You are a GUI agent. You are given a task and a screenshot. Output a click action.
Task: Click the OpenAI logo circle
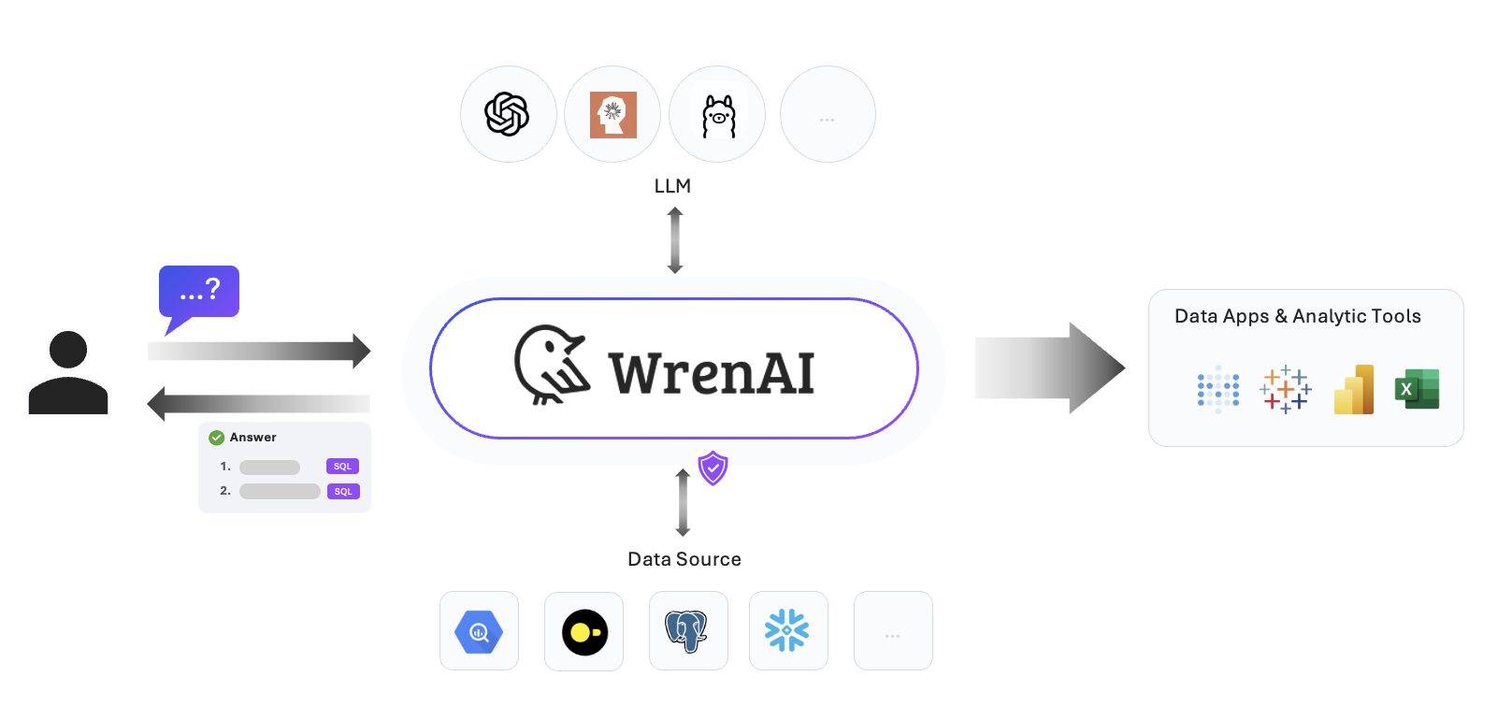point(508,114)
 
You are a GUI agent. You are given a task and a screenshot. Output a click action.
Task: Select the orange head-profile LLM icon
point(612,114)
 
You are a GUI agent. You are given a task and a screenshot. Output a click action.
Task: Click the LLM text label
point(672,186)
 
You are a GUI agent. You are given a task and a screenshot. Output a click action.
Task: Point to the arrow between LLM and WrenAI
point(675,240)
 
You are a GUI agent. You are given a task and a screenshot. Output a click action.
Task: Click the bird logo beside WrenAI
point(551,366)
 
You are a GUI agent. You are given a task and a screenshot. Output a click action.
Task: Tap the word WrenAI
point(712,373)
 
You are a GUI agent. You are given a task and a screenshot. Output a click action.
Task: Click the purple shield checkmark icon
point(713,468)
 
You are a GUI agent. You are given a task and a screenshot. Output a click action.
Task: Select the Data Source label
point(684,559)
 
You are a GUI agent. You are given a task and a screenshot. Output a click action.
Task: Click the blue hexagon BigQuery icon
point(479,632)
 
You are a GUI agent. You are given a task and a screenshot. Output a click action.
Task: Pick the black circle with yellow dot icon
point(584,632)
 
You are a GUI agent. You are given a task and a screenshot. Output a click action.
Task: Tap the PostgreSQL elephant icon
point(687,631)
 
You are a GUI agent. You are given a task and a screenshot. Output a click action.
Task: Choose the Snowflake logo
point(787,631)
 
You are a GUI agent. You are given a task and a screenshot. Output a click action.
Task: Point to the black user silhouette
point(68,373)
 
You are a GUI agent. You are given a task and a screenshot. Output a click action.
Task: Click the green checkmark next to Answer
point(216,438)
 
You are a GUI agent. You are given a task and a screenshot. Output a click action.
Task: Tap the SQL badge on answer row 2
point(343,492)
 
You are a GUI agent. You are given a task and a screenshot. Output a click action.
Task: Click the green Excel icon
point(1417,389)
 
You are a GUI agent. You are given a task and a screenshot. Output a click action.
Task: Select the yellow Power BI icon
point(1354,390)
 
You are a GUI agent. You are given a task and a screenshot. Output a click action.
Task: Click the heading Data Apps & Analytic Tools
point(1297,316)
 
